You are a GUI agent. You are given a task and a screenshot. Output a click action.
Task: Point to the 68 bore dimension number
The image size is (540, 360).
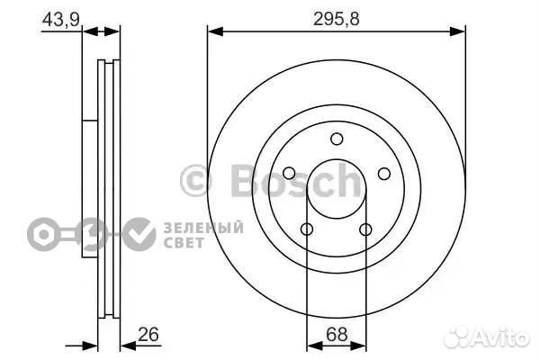(336, 334)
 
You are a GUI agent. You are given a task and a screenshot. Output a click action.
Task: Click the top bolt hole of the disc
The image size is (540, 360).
(337, 139)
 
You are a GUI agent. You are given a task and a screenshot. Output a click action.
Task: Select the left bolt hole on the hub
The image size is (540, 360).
(289, 174)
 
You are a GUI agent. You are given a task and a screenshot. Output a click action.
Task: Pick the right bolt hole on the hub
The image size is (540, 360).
(384, 174)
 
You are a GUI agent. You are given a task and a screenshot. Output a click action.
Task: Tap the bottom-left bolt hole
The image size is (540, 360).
(307, 229)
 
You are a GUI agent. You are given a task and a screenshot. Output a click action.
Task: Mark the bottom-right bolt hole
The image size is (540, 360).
(366, 229)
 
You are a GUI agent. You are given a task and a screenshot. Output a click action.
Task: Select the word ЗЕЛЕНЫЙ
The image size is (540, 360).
(203, 227)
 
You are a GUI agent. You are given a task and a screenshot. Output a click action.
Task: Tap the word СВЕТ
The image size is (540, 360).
(184, 241)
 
